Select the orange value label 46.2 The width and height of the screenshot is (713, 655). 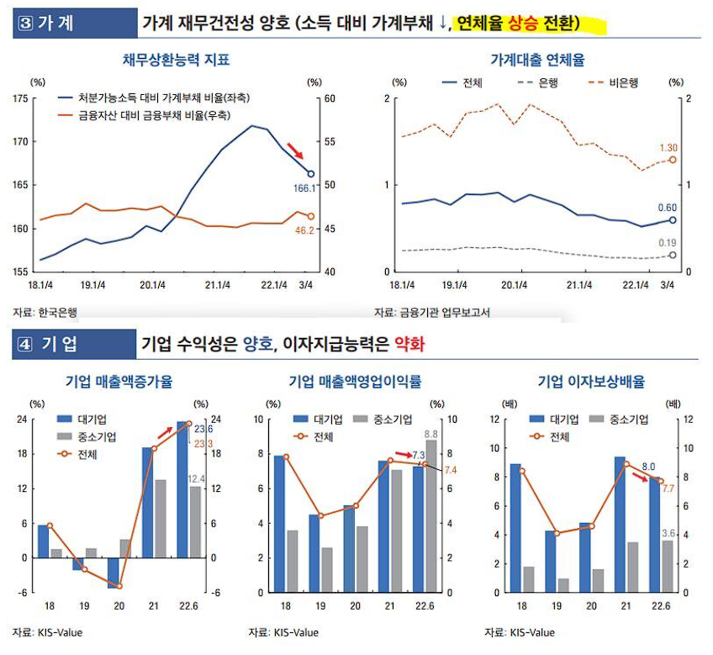tap(304, 229)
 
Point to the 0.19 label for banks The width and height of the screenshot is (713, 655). tap(666, 242)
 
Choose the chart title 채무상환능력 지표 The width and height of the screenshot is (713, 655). tap(176, 61)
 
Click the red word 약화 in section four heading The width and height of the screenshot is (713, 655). tap(411, 345)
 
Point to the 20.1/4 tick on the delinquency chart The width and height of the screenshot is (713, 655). tap(513, 286)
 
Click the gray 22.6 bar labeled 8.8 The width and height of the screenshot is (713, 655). tap(431, 516)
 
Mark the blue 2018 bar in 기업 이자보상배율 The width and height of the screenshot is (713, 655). tap(515, 527)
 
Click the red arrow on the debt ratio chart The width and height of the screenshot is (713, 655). tap(293, 151)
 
